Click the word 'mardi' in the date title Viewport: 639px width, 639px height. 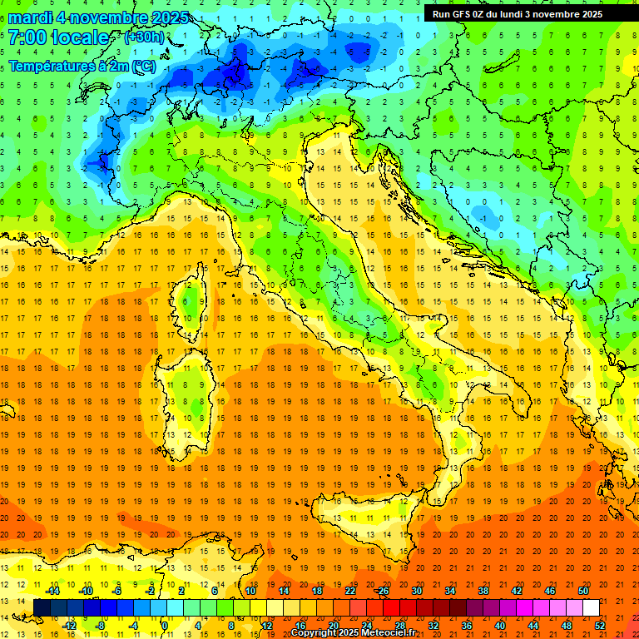point(31,17)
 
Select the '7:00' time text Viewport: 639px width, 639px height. point(27,37)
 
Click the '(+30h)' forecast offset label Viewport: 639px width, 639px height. point(144,37)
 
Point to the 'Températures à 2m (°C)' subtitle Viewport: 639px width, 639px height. point(81,65)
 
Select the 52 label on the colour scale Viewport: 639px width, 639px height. point(600,625)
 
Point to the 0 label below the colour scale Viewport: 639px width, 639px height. point(165,625)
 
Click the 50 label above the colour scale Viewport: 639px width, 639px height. point(583,591)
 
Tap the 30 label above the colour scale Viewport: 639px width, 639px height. point(417,591)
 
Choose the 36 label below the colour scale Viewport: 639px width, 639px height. point(467,625)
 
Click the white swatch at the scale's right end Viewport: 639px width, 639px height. point(591,607)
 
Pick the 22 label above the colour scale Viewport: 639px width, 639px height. point(350,591)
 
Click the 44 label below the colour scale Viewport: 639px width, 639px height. point(533,625)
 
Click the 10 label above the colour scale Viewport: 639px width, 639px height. point(250,591)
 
